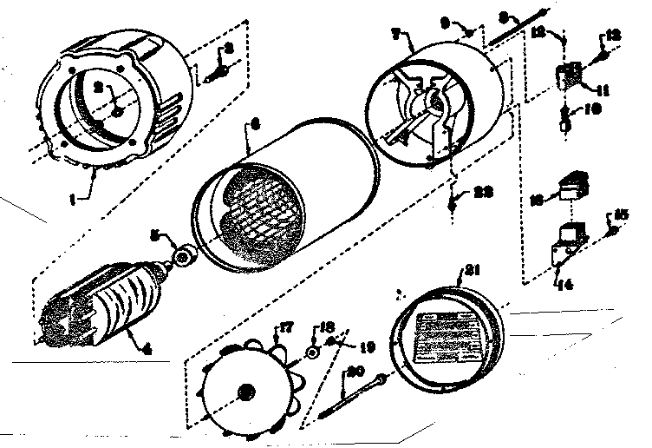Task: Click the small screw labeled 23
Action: point(456,204)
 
